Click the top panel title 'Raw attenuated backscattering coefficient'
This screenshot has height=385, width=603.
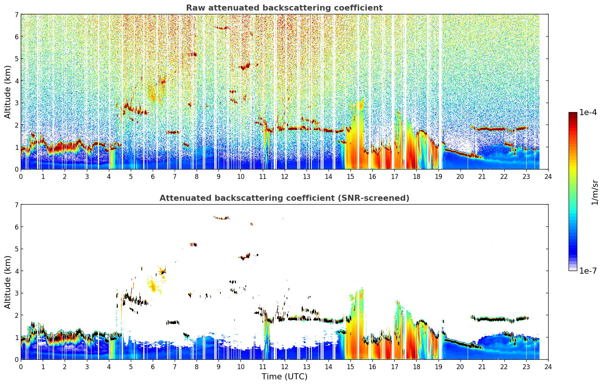[284, 8]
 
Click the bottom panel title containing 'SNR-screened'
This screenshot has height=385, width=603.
[284, 198]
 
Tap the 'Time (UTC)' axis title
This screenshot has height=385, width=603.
[284, 377]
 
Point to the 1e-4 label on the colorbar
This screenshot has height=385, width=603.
[588, 112]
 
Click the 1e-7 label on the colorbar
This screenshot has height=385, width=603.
[588, 271]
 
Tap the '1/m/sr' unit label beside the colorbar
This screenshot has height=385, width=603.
[594, 193]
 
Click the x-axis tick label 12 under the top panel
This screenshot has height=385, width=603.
[285, 177]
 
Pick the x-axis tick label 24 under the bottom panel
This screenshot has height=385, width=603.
[548, 367]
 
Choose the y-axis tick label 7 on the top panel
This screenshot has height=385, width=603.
[16, 14]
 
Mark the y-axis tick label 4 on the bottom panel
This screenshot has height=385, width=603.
[16, 271]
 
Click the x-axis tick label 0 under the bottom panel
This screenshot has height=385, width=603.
[21, 367]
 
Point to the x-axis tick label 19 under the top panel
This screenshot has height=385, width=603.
[438, 177]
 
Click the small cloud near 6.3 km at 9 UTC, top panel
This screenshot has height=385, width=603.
[222, 28]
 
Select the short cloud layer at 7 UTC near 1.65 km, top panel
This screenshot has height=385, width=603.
[172, 132]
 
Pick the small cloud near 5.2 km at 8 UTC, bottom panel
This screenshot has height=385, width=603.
[194, 244]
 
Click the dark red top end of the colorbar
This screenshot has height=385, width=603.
[573, 114]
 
